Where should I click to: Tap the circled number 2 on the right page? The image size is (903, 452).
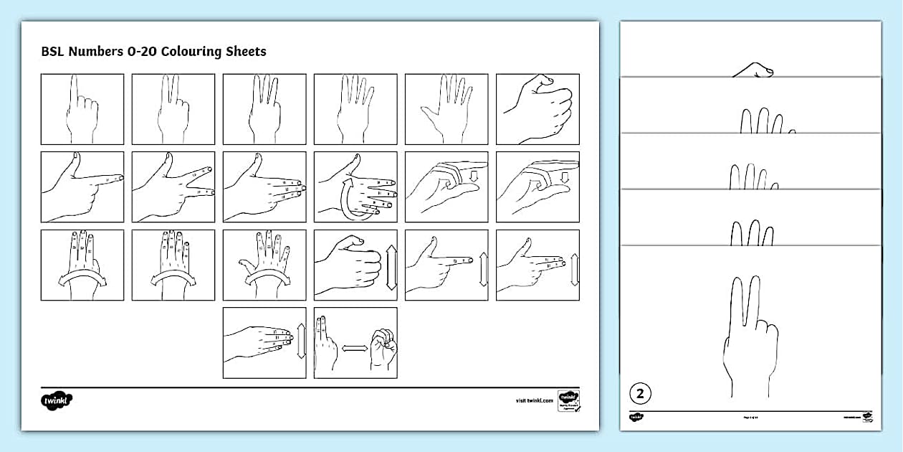click(640, 393)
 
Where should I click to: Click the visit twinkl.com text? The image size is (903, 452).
click(535, 400)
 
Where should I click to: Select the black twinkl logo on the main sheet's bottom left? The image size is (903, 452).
click(57, 400)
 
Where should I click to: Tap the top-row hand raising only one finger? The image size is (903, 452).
click(82, 109)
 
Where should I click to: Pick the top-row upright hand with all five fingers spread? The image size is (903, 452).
click(446, 109)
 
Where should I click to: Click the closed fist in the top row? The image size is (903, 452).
click(537, 109)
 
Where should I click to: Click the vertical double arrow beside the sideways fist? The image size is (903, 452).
click(391, 265)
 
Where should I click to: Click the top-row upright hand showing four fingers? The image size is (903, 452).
click(355, 109)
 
